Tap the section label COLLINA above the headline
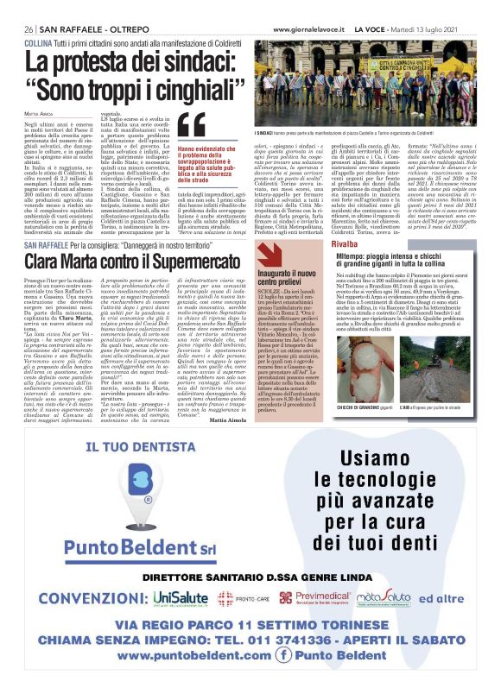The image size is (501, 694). pos(38,42)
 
